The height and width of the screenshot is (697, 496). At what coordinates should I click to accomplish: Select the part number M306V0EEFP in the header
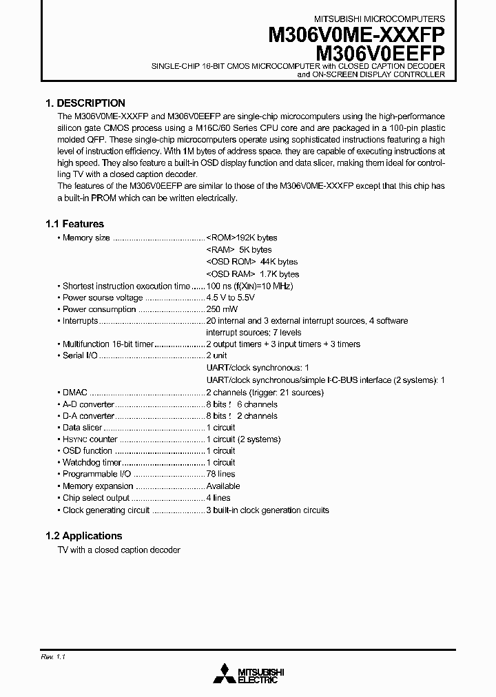pos(380,53)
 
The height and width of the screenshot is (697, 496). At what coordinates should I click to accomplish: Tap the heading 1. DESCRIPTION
pos(85,103)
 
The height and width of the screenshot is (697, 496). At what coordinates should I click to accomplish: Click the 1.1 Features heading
pos(74,224)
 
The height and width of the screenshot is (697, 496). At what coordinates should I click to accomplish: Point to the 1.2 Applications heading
pos(83,536)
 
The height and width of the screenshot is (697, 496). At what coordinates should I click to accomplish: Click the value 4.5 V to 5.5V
pos(231,298)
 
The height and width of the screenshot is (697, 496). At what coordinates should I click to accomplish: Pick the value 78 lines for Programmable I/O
pos(220,474)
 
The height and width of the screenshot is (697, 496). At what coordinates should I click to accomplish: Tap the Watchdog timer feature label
pos(92,462)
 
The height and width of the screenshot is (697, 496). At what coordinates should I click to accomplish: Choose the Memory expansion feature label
pos(97,486)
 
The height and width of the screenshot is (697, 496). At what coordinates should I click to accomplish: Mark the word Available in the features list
pos(223,486)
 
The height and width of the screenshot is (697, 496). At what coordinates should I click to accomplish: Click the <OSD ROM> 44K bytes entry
pos(252,262)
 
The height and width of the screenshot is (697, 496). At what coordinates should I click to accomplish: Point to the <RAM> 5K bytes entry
pos(239,249)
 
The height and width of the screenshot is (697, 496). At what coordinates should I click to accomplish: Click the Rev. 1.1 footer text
pos(53,658)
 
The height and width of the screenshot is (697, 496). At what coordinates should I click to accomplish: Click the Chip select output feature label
pos(96,497)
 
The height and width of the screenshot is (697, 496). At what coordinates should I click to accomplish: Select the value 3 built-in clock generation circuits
pos(267,510)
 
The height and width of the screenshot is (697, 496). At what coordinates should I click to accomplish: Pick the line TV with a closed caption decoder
pos(118,550)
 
